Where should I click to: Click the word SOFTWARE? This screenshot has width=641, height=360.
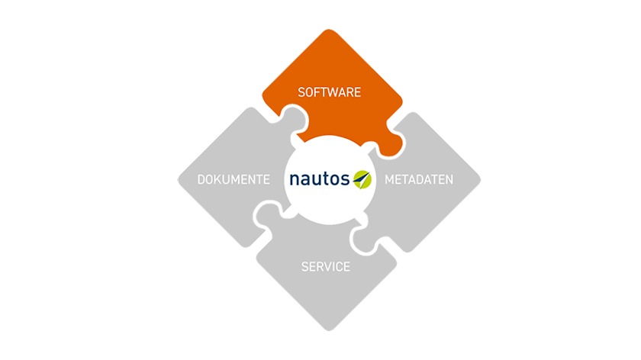329,92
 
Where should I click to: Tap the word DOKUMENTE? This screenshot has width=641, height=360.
234,179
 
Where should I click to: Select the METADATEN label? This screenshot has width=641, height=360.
419,179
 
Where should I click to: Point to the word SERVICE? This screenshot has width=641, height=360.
325,267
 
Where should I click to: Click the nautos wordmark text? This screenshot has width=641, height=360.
319,179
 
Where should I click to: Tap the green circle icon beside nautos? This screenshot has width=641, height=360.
362,179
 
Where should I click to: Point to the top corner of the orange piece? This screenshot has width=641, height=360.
329,30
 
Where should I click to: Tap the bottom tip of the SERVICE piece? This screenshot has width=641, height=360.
329,330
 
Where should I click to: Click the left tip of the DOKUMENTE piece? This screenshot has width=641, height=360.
179,180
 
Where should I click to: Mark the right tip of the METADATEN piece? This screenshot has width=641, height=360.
480,179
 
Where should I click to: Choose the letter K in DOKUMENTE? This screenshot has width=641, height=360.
219,179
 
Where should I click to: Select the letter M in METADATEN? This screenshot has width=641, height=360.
389,179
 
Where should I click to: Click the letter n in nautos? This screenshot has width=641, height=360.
295,180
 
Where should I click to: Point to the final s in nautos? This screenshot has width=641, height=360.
346,180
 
